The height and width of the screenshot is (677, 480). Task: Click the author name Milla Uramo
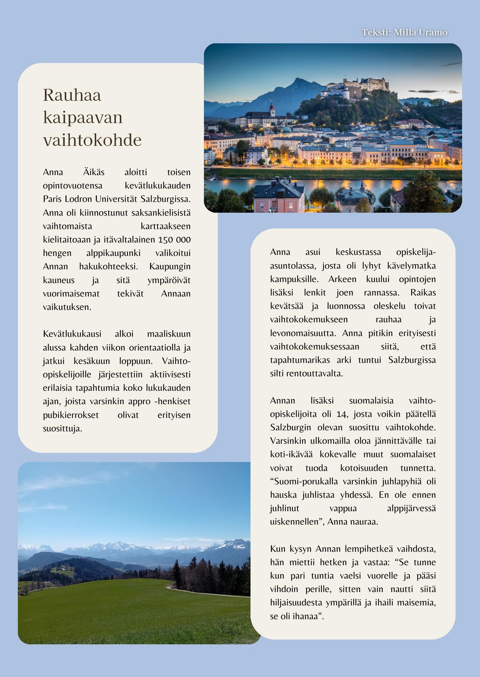[x=420, y=32]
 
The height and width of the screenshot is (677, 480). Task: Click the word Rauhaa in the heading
[x=72, y=95]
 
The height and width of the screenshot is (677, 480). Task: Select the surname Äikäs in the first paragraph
[x=94, y=172]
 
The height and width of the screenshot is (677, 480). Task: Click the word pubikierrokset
[x=71, y=415]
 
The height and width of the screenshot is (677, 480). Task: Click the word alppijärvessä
[x=411, y=508]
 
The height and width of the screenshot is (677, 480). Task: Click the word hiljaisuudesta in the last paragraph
[x=296, y=603]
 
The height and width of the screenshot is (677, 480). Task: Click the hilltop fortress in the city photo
[x=358, y=86]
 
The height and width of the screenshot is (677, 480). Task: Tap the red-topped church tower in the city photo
[x=272, y=109]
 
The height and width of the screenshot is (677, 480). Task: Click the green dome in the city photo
[x=286, y=130]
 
